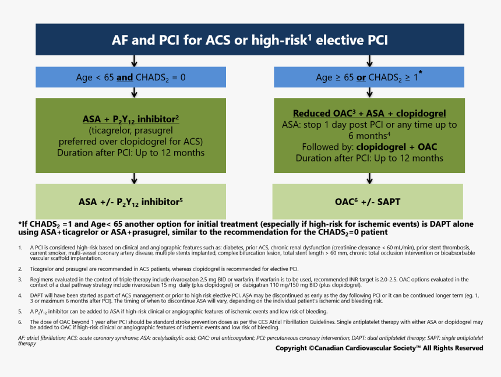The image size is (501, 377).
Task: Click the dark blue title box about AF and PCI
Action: [x=250, y=40]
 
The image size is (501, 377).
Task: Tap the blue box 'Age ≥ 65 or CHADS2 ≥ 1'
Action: [x=369, y=77]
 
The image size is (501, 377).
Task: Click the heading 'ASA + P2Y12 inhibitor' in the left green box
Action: [x=130, y=119]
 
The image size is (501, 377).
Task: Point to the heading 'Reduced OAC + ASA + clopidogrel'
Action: [x=369, y=114]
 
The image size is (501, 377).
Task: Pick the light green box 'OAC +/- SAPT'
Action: [x=369, y=202]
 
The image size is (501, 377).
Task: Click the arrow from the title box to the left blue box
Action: [x=135, y=61]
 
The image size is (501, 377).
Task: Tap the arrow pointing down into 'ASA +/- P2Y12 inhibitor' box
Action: [x=135, y=178]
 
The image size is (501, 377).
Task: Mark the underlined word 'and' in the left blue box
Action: [x=124, y=77]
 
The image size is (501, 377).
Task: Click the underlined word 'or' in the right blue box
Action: [x=361, y=77]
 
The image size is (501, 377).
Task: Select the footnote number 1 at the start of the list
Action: [x=20, y=247]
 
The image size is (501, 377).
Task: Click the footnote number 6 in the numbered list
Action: [x=20, y=322]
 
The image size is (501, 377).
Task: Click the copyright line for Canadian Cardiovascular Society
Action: [x=379, y=348]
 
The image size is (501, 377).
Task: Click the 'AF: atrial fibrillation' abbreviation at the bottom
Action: [x=41, y=338]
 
